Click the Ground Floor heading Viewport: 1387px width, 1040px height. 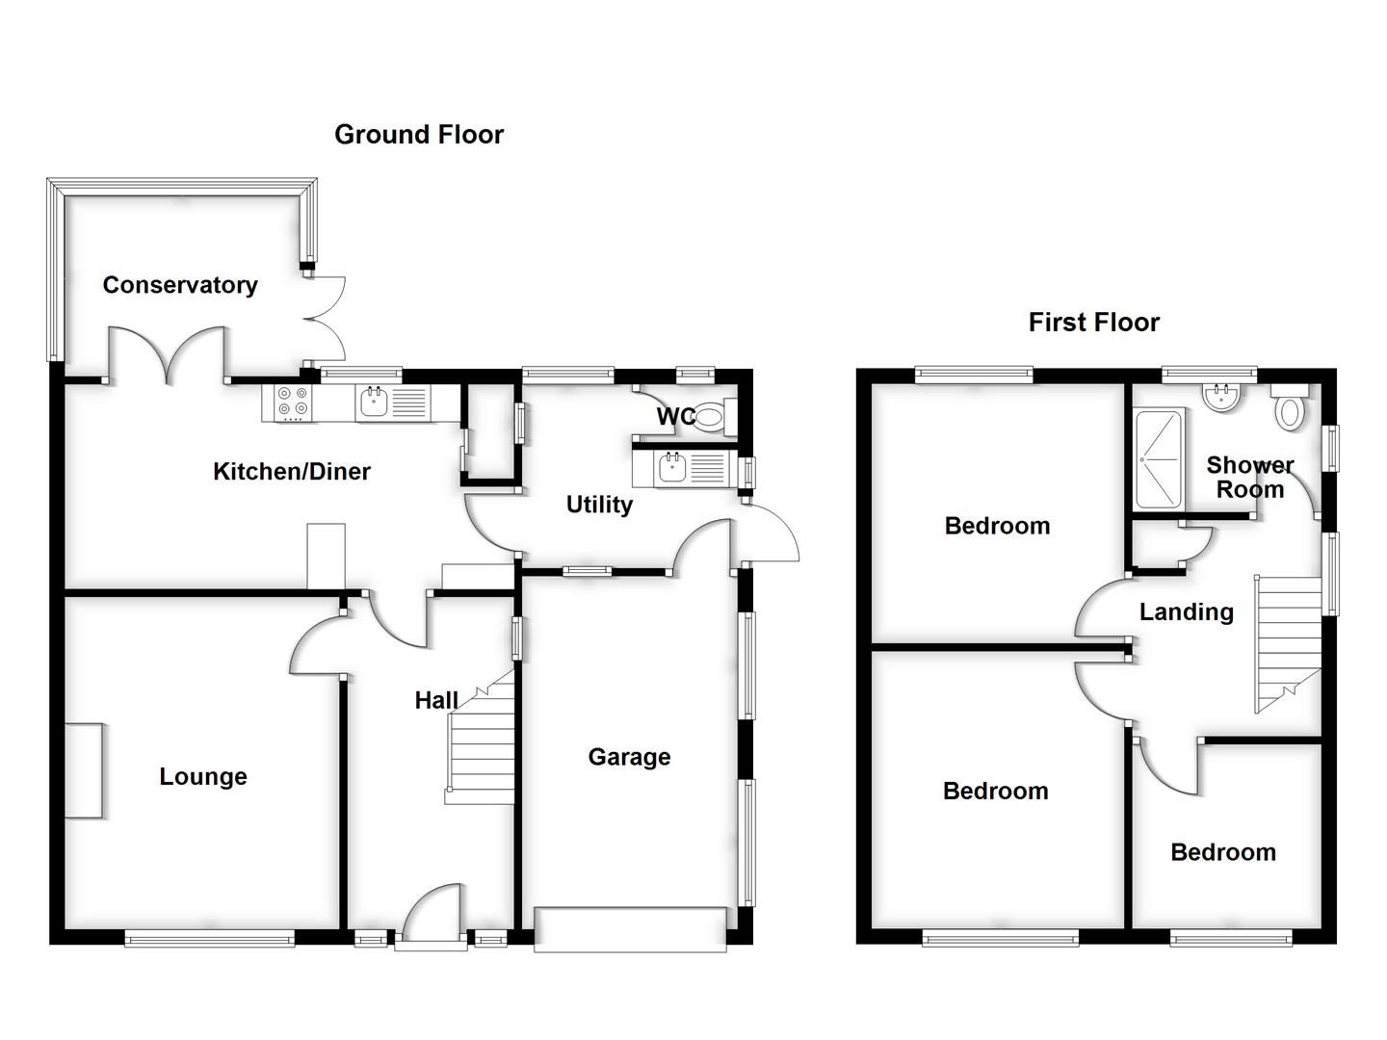tap(419, 135)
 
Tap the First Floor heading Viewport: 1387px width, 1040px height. tap(1093, 322)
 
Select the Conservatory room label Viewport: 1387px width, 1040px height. tap(180, 285)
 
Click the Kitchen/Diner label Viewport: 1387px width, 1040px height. tap(291, 472)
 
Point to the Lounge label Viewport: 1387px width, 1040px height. tap(203, 777)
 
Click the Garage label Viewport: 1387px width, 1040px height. tap(629, 757)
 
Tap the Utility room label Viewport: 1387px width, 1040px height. tap(599, 505)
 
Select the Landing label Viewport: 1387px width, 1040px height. tap(1186, 612)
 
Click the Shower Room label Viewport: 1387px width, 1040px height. tap(1250, 478)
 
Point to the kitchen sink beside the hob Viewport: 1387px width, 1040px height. tap(374, 402)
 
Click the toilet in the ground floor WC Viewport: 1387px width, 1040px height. tap(711, 417)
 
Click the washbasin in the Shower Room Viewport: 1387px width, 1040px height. tap(1219, 398)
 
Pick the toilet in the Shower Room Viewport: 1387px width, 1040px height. tap(1288, 409)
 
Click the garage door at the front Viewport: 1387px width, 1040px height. tap(630, 929)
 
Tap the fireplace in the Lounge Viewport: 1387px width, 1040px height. tap(84, 770)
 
